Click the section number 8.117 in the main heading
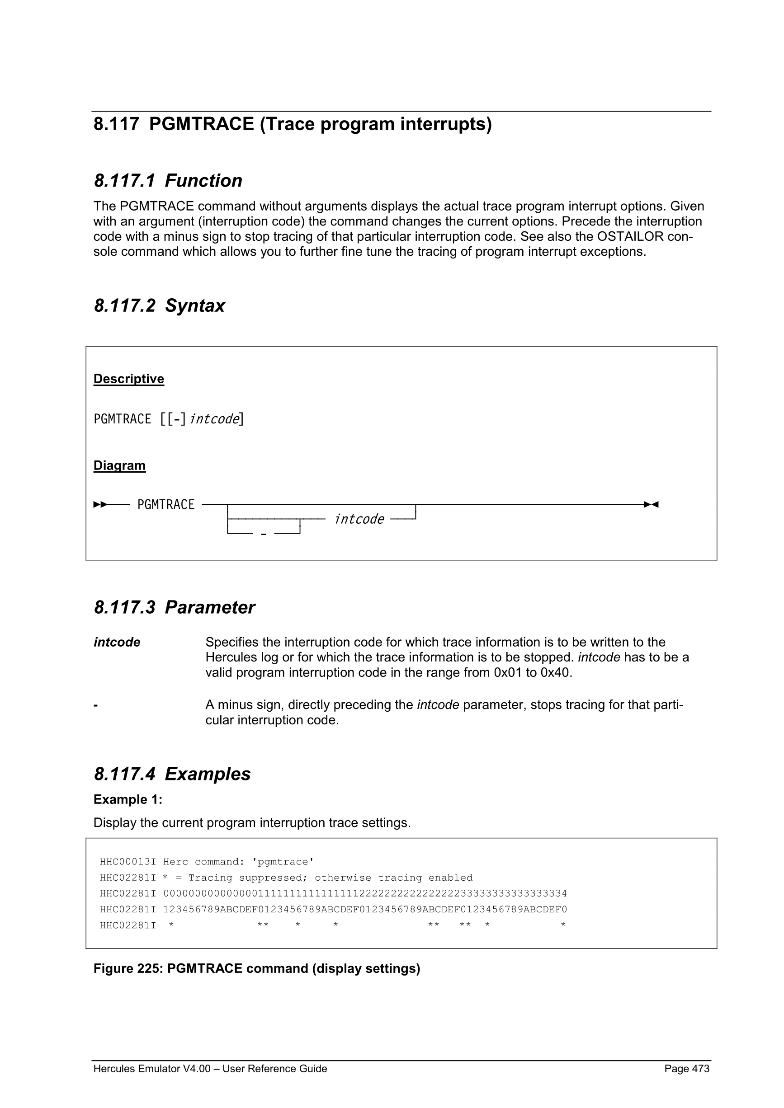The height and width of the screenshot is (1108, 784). tap(116, 125)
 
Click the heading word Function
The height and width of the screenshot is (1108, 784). tap(203, 181)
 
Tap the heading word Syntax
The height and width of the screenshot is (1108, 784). tap(194, 306)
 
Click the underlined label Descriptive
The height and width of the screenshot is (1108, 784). tap(128, 379)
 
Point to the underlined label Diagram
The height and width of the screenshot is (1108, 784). tap(119, 466)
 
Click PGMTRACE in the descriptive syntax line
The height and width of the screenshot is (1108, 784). tap(122, 419)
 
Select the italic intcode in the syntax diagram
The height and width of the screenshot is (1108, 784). tap(359, 519)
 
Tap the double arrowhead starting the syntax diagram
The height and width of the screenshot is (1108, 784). tap(100, 505)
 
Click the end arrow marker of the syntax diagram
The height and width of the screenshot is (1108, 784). tap(651, 505)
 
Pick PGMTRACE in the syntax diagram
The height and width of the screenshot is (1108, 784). tap(165, 505)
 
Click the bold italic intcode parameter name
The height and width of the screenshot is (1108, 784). tap(117, 642)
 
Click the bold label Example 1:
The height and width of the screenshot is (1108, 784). tap(128, 800)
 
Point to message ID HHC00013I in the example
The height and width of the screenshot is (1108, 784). tap(128, 862)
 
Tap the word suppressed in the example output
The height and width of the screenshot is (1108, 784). tap(270, 878)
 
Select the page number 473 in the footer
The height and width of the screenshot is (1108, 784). tap(700, 1069)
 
